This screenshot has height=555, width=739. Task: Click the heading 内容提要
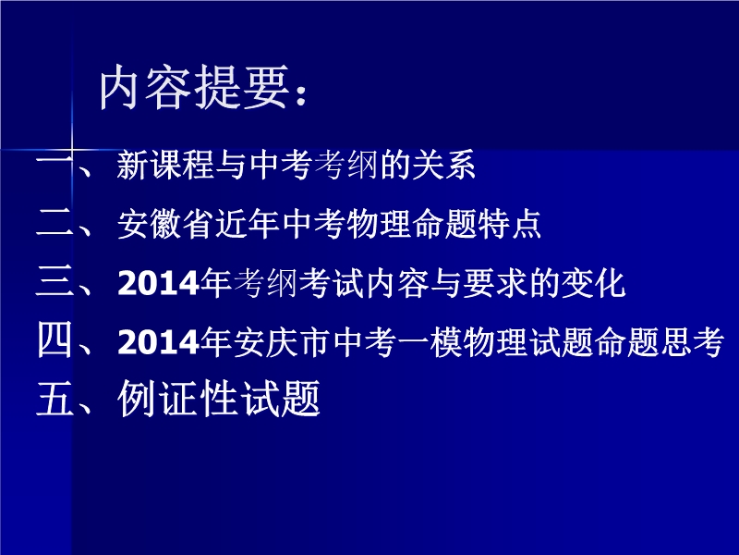point(194,88)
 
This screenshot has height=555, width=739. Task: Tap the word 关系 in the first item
point(443,166)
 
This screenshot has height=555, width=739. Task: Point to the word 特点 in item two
point(510,224)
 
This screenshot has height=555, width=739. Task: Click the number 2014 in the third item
point(158,283)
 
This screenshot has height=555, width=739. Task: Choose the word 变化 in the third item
point(593,283)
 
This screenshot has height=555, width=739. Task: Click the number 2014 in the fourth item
point(158,341)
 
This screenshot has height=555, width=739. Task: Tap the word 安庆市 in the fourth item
point(281,341)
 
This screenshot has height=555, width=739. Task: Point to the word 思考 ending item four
point(692,341)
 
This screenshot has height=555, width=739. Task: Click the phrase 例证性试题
point(219,400)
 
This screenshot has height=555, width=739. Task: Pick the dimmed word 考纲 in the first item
point(345,166)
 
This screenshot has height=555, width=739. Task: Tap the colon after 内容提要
point(302,95)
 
